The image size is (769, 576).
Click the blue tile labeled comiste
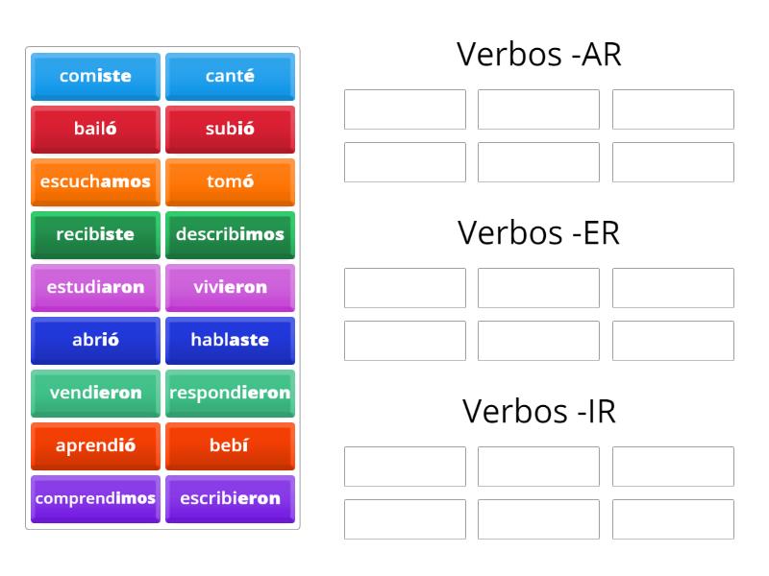(x=95, y=76)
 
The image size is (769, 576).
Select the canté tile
(x=230, y=76)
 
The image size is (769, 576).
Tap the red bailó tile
(x=95, y=129)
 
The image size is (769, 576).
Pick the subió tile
(x=230, y=129)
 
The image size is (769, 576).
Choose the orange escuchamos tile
(x=95, y=181)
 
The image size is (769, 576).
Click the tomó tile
(x=230, y=181)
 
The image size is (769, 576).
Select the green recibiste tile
(x=95, y=234)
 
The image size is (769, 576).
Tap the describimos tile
(x=230, y=234)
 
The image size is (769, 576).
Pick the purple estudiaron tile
(x=95, y=287)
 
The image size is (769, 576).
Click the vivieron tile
(x=230, y=287)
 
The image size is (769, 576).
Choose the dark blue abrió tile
(x=95, y=340)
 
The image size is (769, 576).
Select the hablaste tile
(x=230, y=340)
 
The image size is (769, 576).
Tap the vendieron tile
(x=95, y=393)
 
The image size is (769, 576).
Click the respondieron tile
(x=230, y=393)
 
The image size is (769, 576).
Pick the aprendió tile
(x=95, y=445)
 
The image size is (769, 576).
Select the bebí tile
(x=230, y=445)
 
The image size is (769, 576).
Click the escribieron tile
(x=230, y=498)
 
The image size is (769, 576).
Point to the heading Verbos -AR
(x=538, y=56)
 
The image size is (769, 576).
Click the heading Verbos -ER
(x=538, y=233)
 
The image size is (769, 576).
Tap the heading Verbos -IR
(x=538, y=411)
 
